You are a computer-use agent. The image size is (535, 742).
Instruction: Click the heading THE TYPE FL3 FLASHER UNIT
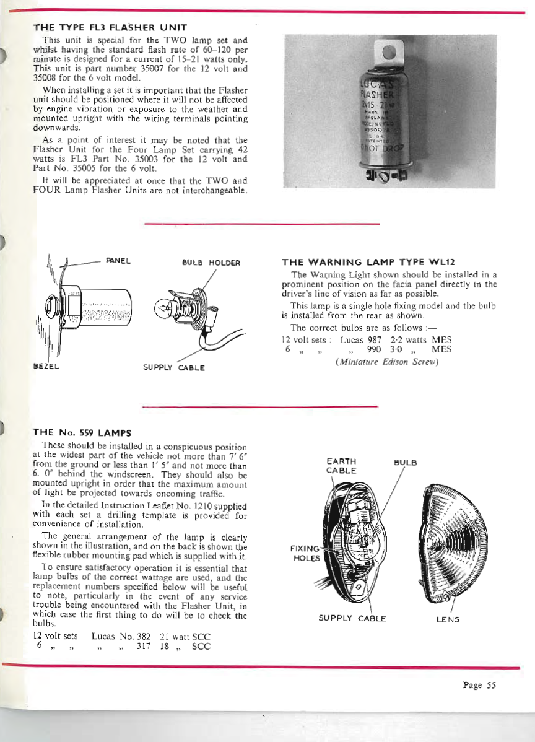point(110,27)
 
